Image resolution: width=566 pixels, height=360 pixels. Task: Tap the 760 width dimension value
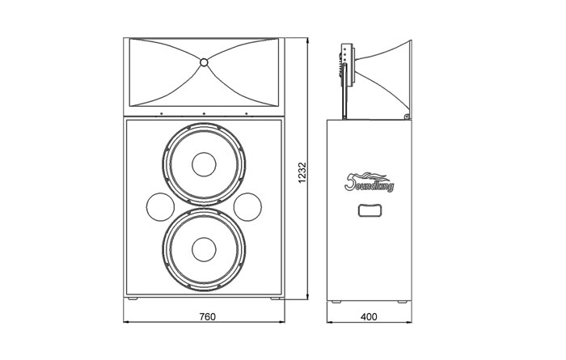coord(206,316)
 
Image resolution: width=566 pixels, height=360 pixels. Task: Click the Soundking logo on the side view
coord(369,182)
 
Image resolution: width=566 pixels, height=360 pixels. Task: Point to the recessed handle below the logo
coord(369,213)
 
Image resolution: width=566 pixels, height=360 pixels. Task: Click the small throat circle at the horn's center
coord(204,62)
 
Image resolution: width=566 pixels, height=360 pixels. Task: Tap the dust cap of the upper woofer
coord(204,163)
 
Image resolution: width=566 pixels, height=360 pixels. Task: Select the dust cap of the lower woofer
coord(204,250)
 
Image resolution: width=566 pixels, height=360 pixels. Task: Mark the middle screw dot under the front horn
coord(205,113)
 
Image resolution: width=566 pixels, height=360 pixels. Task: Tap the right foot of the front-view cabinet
coord(273,299)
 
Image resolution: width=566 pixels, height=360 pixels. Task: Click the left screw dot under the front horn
coord(161,113)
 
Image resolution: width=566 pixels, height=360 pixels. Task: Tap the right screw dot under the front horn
coord(247,113)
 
